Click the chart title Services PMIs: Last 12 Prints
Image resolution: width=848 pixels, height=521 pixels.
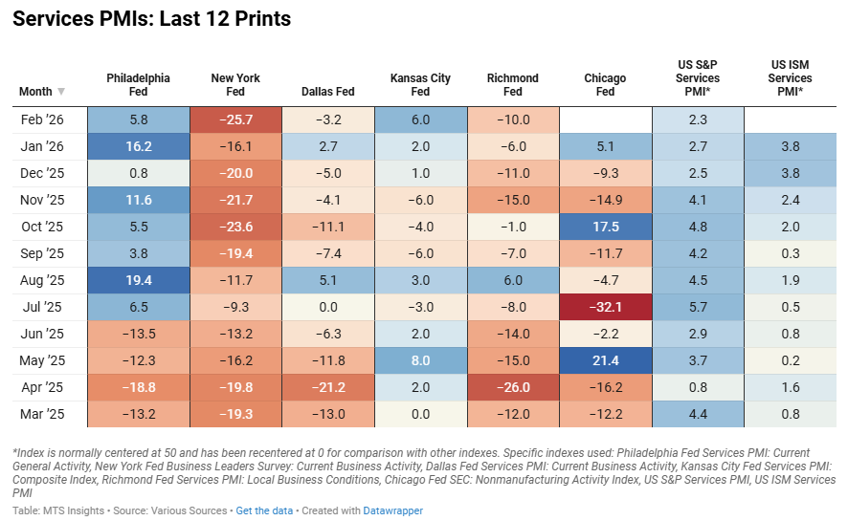(x=152, y=19)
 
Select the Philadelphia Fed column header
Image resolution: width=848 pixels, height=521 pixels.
(x=138, y=85)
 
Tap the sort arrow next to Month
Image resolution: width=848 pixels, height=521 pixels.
(x=62, y=92)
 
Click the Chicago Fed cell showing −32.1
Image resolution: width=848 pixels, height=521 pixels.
(x=605, y=307)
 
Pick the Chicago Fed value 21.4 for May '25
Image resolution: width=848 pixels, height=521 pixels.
(x=605, y=360)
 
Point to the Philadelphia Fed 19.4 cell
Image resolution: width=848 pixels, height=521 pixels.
(x=138, y=280)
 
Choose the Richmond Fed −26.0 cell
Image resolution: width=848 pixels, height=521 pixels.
(x=512, y=387)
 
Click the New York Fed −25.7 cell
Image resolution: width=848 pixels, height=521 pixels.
(x=235, y=119)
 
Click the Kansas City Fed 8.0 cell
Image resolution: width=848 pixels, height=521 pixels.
(x=420, y=360)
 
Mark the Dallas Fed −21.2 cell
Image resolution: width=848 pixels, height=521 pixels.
(x=327, y=387)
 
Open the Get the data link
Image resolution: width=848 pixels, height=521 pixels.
(x=264, y=510)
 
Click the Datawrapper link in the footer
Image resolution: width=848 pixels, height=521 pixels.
(x=392, y=510)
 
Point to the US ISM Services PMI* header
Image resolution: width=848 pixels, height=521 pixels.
(x=790, y=78)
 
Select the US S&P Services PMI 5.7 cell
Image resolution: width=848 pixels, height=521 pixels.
(x=698, y=307)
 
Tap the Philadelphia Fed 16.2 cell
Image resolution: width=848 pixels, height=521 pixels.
(x=138, y=146)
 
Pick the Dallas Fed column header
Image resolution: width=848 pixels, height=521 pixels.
(x=327, y=92)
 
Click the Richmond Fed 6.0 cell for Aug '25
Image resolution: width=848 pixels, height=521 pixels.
(x=512, y=280)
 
